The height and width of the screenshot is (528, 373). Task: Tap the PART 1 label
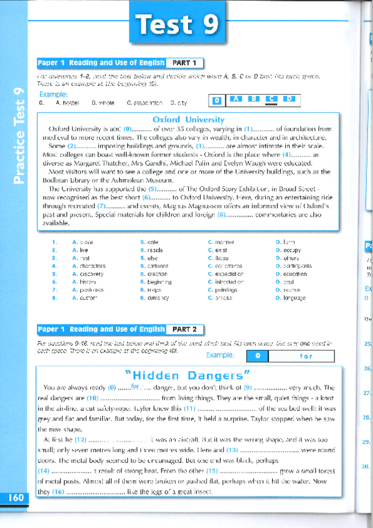point(185,63)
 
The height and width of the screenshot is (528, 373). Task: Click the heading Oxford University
point(188,119)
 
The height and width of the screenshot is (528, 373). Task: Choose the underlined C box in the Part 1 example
point(271,99)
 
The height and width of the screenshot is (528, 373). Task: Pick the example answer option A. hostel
point(67,103)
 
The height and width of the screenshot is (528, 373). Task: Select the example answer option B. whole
point(103,103)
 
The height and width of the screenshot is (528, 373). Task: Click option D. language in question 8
point(290,298)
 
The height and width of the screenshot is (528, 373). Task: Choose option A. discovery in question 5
point(88,274)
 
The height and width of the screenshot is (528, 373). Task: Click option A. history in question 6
point(85,282)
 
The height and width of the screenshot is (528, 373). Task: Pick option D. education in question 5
point(291,274)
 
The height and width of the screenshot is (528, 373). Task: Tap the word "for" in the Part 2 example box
point(306,357)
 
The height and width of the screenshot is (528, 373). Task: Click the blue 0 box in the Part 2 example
point(258,357)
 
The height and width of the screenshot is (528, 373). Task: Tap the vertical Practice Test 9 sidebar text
point(19,136)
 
